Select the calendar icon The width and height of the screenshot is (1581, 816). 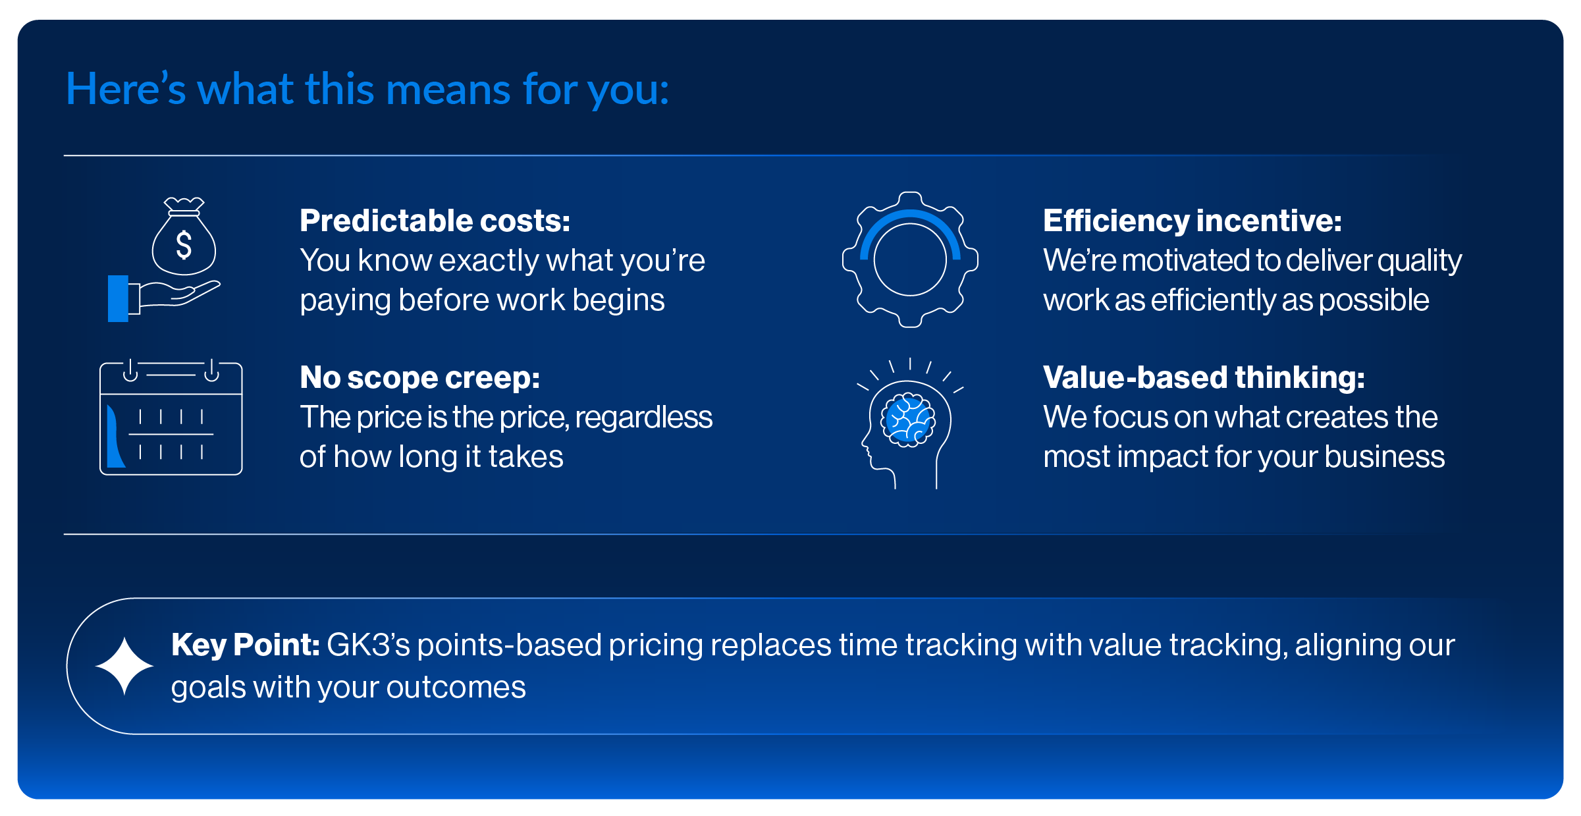pos(171,417)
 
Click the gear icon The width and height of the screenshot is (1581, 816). pos(910,259)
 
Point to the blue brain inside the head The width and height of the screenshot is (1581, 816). pos(909,420)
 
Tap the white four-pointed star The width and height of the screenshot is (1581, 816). pos(124,666)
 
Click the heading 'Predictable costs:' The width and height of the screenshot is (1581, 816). pos(435,221)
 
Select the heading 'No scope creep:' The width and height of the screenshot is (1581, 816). pos(419,377)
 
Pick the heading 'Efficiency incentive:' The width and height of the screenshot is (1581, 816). pos(1192,221)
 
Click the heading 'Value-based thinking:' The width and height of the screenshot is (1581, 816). pos(1204,377)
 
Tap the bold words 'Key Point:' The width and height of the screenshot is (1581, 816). pos(245,645)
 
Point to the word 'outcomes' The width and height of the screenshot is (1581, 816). pos(456,688)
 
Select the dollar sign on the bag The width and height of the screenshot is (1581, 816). pos(184,244)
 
